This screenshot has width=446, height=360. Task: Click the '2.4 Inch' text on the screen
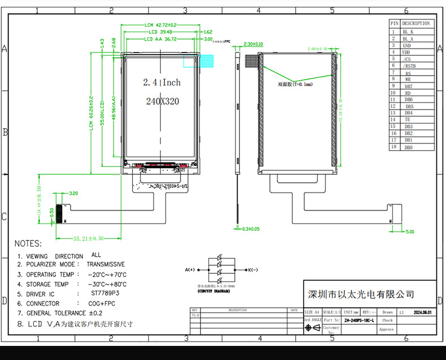tap(161, 82)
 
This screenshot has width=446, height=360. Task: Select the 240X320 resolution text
tap(162, 102)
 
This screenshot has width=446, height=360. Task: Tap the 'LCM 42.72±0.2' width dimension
tap(160, 25)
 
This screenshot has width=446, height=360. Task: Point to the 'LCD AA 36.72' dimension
tap(160, 39)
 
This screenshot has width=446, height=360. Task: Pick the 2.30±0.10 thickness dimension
tap(253, 44)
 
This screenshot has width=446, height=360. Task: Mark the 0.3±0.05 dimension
tap(251, 229)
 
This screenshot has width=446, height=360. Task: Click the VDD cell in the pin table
tap(406, 52)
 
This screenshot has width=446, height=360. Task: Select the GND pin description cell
tap(406, 45)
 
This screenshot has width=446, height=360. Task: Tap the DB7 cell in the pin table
tap(408, 86)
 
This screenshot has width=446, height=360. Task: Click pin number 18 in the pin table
tap(393, 147)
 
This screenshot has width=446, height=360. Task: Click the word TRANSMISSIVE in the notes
tap(106, 264)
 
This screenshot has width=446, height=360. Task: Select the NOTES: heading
tap(28, 244)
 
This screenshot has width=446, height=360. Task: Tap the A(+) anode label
tap(189, 270)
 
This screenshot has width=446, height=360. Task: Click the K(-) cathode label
tap(252, 270)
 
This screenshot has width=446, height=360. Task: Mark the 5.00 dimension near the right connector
tap(409, 231)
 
